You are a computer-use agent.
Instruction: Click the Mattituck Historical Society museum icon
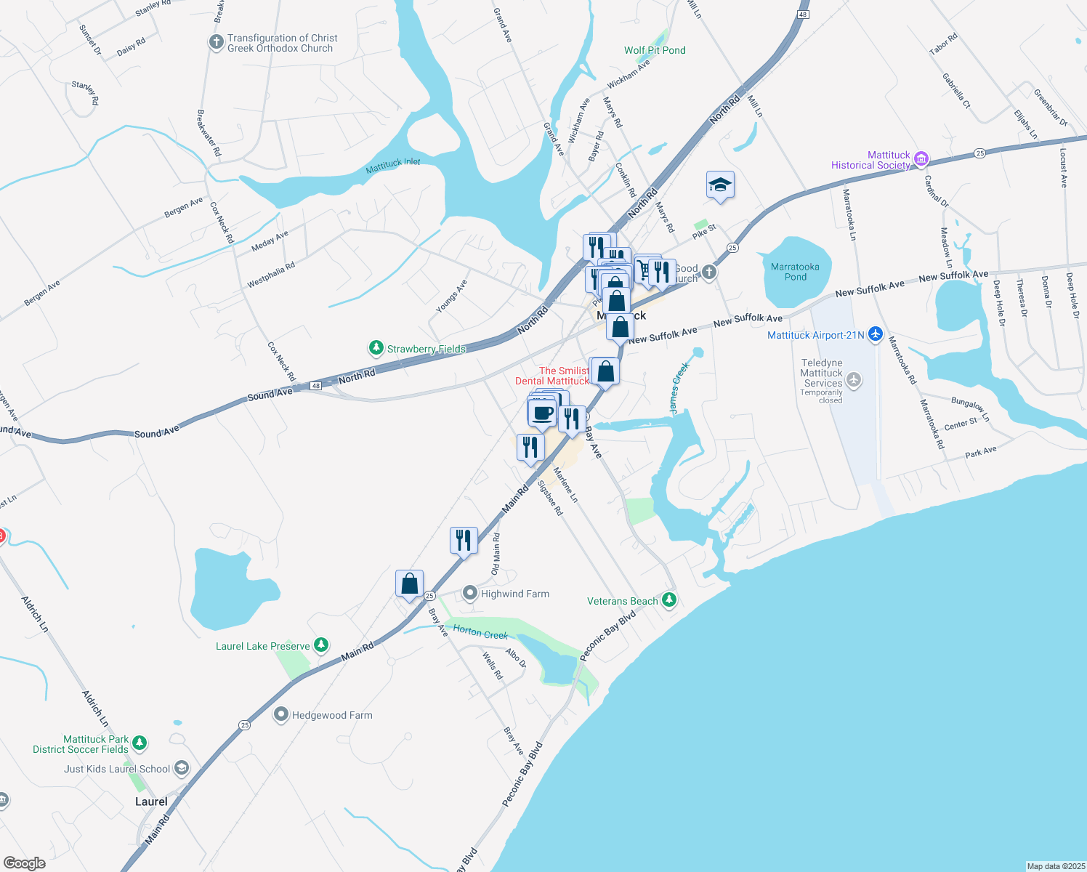pyautogui.click(x=921, y=158)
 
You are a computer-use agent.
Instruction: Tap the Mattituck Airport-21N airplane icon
pyautogui.click(x=876, y=334)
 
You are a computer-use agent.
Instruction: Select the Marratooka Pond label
pyautogui.click(x=795, y=272)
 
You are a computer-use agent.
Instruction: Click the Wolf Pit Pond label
pyautogui.click(x=655, y=50)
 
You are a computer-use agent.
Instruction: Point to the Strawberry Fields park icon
pyautogui.click(x=376, y=348)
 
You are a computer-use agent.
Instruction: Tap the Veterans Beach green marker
pyautogui.click(x=669, y=600)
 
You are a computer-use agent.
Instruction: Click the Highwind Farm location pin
pyautogui.click(x=470, y=594)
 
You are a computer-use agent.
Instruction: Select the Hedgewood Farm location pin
pyautogui.click(x=281, y=715)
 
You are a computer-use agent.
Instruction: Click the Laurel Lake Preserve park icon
pyautogui.click(x=320, y=645)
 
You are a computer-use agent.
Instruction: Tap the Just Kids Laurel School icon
pyautogui.click(x=182, y=768)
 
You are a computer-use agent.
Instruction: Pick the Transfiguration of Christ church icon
pyautogui.click(x=216, y=42)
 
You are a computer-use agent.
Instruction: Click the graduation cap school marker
pyautogui.click(x=720, y=185)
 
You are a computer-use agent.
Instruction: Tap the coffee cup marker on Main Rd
pyautogui.click(x=541, y=413)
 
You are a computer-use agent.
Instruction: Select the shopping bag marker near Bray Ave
pyautogui.click(x=409, y=584)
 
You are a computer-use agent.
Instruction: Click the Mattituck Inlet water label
pyautogui.click(x=393, y=166)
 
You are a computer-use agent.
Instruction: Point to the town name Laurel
pyautogui.click(x=151, y=802)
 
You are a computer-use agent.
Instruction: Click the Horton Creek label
pyautogui.click(x=480, y=632)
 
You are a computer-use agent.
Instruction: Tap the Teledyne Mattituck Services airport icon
pyautogui.click(x=854, y=379)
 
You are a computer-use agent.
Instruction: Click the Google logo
pyautogui.click(x=24, y=863)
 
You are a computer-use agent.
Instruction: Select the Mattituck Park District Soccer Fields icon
pyautogui.click(x=140, y=743)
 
